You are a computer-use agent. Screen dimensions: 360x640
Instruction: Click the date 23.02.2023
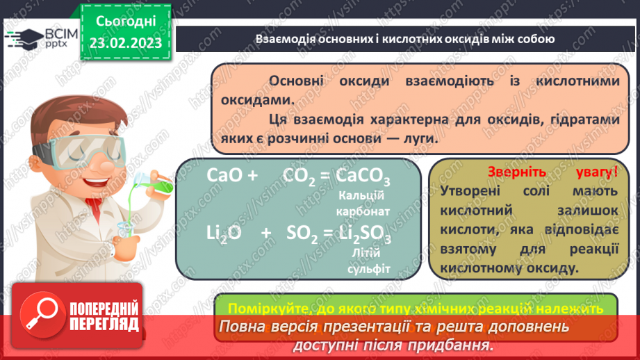125,42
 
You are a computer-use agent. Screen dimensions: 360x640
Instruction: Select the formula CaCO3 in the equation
363,177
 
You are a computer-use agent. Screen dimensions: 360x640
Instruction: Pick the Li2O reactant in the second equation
224,234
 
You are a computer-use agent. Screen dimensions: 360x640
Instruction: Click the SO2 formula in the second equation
302,234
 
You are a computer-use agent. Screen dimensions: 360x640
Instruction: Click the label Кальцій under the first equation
366,195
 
